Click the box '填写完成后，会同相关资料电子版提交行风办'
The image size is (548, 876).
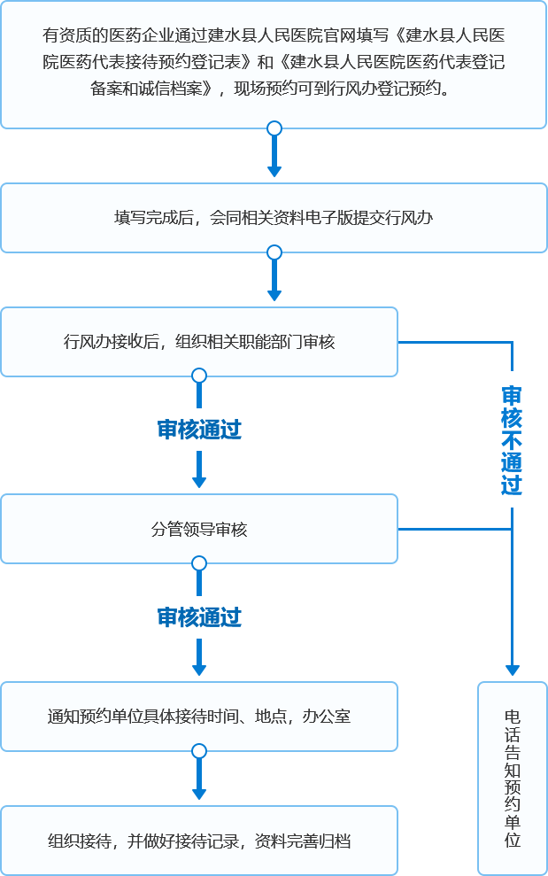coord(274,217)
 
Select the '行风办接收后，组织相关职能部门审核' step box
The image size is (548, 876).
coord(199,342)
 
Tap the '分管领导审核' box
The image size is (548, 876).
coord(199,529)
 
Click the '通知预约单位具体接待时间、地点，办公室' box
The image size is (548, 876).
coord(199,716)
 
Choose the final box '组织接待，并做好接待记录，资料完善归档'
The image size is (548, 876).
coord(199,841)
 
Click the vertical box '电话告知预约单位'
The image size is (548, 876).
coord(512,778)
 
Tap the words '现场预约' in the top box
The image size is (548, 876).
coord(266,89)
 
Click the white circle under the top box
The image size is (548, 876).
coord(274,128)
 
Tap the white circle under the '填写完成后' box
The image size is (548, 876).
coord(274,252)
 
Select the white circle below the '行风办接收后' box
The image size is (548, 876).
coord(199,376)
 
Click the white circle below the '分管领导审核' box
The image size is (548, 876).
coord(199,563)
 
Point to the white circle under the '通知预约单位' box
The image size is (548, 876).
coord(199,751)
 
